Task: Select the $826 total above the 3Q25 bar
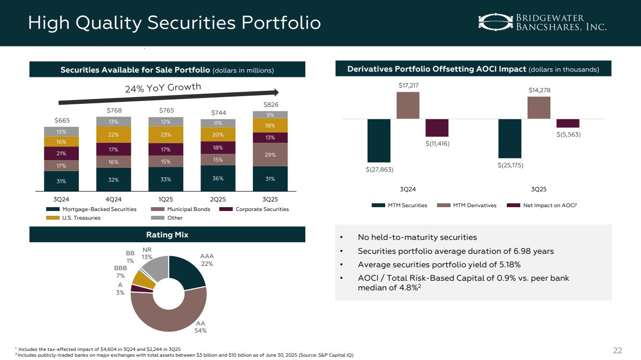coord(270,104)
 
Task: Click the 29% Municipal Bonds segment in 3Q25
coord(270,154)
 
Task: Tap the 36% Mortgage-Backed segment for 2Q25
coord(218,178)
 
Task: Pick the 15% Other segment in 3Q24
coord(62,131)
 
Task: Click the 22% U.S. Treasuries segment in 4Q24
coord(113,134)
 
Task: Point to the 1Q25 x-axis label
coord(166,199)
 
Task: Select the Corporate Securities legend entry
coord(254,209)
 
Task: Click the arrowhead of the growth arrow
coord(276,91)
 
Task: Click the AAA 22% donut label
coord(207,260)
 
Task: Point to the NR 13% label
coord(147,253)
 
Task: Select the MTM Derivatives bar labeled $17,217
coord(408,105)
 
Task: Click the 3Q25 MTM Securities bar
coord(510,138)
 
